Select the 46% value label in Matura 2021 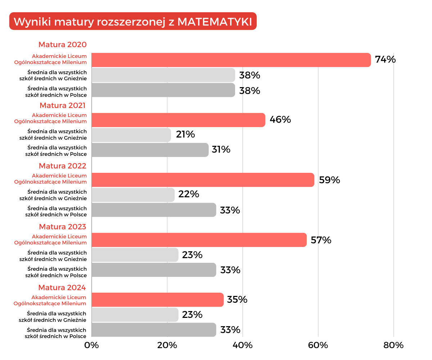[280, 120]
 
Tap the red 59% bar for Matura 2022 [203, 180]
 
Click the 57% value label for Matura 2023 [321, 240]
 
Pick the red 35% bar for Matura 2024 [157, 300]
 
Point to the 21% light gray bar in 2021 [131, 135]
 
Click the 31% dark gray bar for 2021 [150, 150]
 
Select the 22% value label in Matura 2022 [189, 194]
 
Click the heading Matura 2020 [63, 45]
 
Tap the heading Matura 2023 [63, 227]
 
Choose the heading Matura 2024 [62, 288]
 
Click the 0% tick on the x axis [91, 345]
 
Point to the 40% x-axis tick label [243, 345]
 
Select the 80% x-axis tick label [393, 345]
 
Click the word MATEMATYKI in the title [215, 22]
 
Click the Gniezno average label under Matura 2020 [53, 75]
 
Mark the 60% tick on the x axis [318, 345]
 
